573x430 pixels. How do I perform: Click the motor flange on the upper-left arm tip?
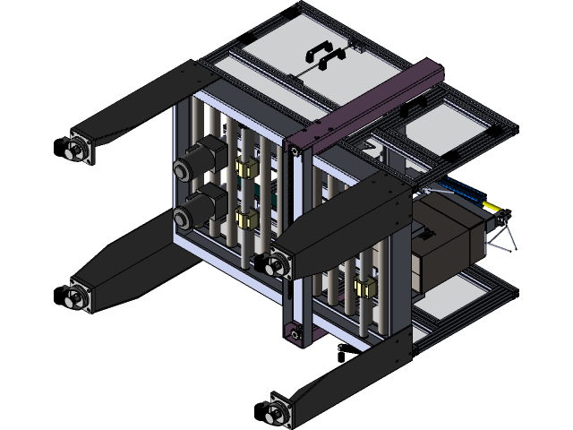click(x=79, y=148)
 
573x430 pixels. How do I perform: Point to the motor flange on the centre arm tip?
click(x=278, y=263)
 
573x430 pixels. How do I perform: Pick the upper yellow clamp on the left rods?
click(x=243, y=168)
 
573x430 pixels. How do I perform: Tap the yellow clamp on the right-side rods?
click(x=363, y=288)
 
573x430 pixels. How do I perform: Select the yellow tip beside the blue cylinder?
click(x=490, y=206)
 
